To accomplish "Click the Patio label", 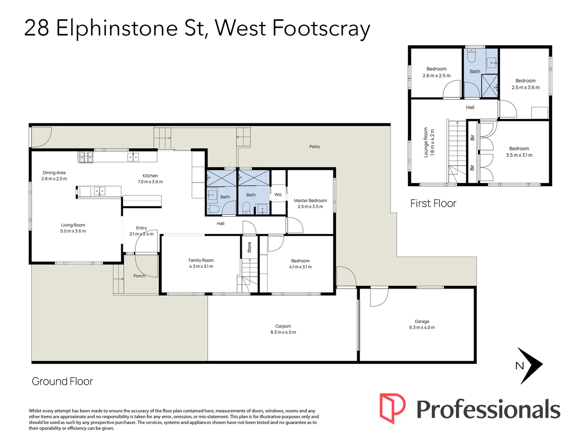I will point(314,147).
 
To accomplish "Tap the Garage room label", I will point(422,321).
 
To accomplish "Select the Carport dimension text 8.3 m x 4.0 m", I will point(283,332).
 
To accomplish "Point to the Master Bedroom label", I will point(310,200).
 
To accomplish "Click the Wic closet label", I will point(278,195).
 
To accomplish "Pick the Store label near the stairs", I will point(249,247).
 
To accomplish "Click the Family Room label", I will point(201,261).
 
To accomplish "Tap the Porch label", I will point(139,276).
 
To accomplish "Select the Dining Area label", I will point(54,173).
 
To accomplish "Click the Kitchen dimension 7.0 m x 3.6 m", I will point(150,182).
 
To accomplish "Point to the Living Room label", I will point(73,225).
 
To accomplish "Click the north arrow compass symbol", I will point(530,365).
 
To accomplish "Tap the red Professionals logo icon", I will point(392,408).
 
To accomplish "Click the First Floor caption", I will point(433,203).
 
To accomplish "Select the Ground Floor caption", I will point(62,381).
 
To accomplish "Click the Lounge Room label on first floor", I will point(426,142).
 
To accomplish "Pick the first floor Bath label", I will point(475,71).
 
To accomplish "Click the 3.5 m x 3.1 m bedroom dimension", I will point(519,155).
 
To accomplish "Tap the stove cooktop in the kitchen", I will point(86,157).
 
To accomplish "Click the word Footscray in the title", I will point(321,28).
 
